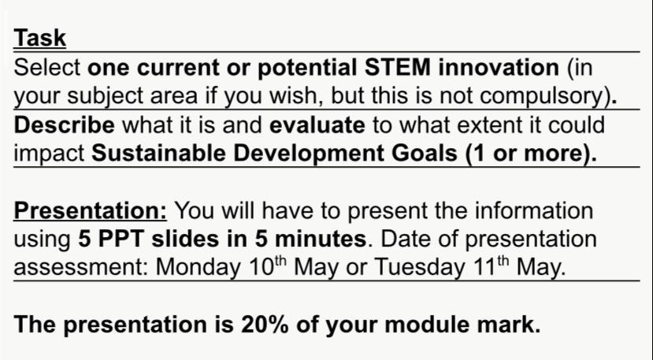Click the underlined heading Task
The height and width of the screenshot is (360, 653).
pyautogui.click(x=40, y=38)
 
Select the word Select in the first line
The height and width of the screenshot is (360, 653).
pyautogui.click(x=48, y=67)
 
